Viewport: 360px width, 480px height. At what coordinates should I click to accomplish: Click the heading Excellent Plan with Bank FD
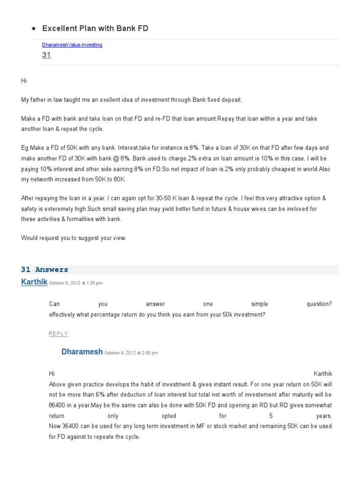95,28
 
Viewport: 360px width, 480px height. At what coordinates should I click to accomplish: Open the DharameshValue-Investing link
72,45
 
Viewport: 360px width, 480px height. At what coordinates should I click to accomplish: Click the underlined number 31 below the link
46,55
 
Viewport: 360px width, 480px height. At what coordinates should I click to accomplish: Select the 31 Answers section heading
45,270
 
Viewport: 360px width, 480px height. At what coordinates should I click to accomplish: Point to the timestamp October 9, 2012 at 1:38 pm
76,283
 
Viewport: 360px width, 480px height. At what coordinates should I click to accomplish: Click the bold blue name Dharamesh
82,352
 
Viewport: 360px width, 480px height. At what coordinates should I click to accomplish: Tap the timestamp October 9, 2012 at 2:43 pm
131,353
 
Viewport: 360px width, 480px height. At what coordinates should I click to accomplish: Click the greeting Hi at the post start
24,81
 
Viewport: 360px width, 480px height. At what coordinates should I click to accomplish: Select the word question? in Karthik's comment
319,304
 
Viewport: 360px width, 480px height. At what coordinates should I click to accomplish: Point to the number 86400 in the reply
58,405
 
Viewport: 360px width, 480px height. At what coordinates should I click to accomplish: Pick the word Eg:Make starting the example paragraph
34,147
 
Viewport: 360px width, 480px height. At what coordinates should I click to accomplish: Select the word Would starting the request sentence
30,238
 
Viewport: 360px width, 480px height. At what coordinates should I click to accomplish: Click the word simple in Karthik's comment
259,304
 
